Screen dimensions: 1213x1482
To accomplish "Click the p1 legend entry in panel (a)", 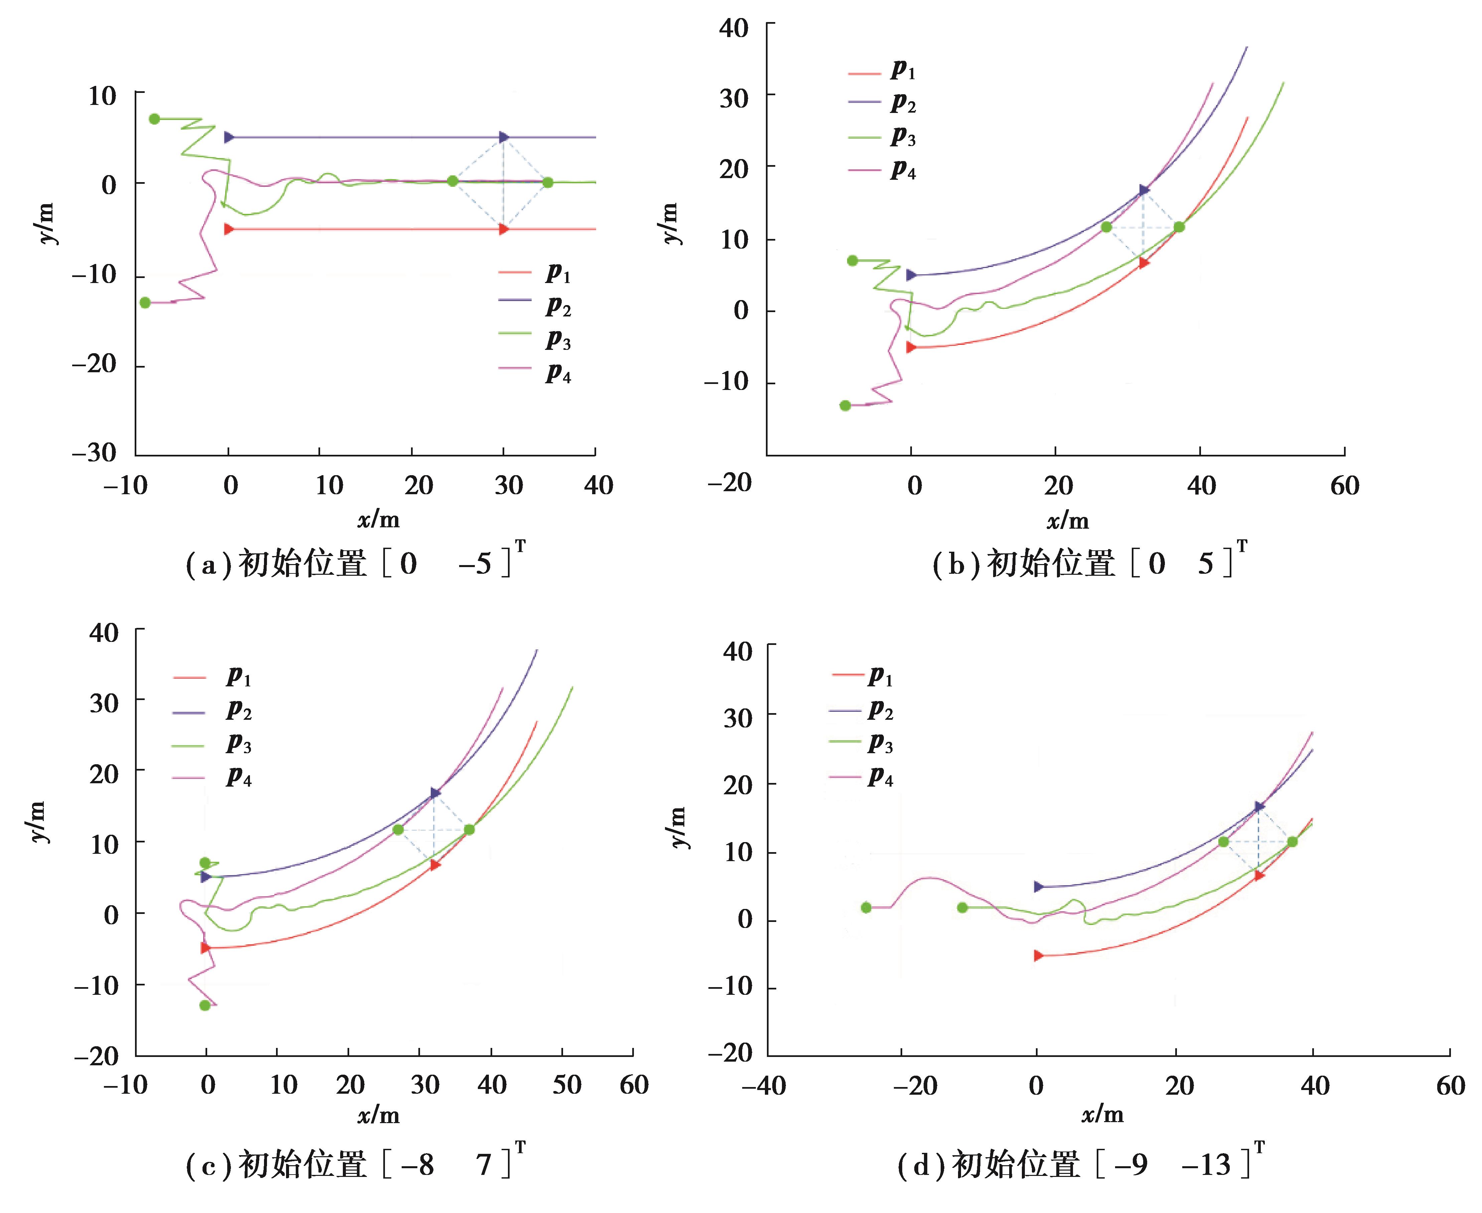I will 535,272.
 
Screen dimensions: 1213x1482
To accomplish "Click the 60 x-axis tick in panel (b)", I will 1344,486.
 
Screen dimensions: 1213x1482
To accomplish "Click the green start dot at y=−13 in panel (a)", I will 145,302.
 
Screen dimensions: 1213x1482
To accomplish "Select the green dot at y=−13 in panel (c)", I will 205,1005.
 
